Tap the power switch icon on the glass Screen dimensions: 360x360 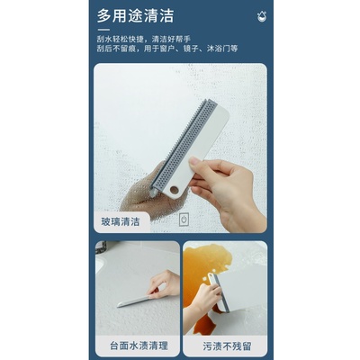[184, 220]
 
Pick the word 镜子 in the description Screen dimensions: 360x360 [191, 50]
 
